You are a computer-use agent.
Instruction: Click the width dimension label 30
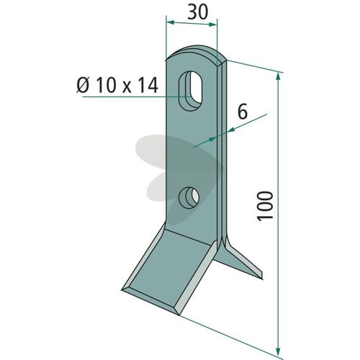click(x=197, y=12)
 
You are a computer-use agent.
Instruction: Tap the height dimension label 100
click(x=265, y=205)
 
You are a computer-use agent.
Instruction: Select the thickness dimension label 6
click(x=243, y=112)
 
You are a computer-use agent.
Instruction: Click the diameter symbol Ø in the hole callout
click(x=83, y=85)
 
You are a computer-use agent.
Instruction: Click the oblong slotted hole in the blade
click(x=191, y=91)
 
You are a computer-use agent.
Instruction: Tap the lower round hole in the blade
click(x=189, y=197)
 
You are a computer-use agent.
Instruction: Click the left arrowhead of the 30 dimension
click(x=170, y=22)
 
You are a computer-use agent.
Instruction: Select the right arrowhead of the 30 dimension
click(x=212, y=24)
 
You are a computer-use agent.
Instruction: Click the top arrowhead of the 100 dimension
click(x=278, y=77)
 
